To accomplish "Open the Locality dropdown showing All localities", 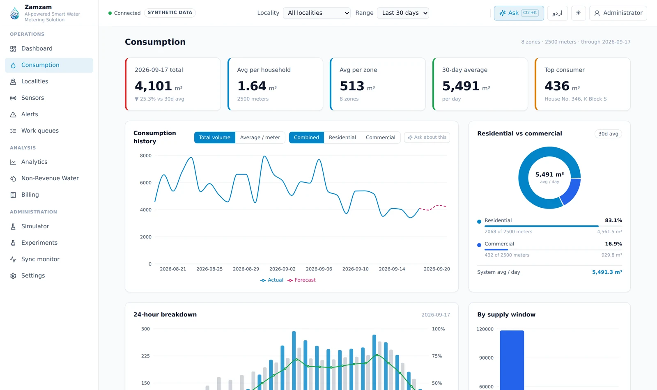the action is click(317, 13).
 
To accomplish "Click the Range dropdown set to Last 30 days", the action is click(403, 13).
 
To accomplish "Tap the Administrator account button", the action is click(618, 13).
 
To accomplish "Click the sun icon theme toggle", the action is click(579, 13).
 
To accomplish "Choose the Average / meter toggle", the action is click(260, 138).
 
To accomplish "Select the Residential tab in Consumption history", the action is click(342, 138).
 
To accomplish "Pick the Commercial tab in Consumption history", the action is click(380, 138).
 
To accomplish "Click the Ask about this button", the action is click(427, 138).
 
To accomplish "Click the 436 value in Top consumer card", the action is click(557, 86).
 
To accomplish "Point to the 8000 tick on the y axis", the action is click(146, 156).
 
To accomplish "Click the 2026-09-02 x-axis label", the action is click(283, 269).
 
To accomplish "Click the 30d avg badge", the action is click(608, 134).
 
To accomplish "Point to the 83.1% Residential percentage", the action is click(613, 220).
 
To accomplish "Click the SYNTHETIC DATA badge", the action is click(170, 13).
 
